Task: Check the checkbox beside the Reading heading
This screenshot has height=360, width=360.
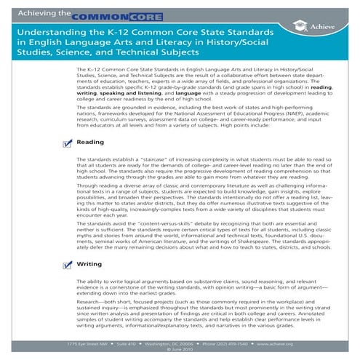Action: coord(67,143)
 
